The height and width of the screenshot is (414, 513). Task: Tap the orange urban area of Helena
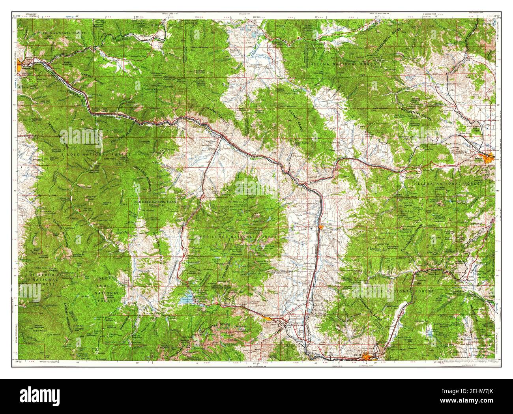coord(491,156)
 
